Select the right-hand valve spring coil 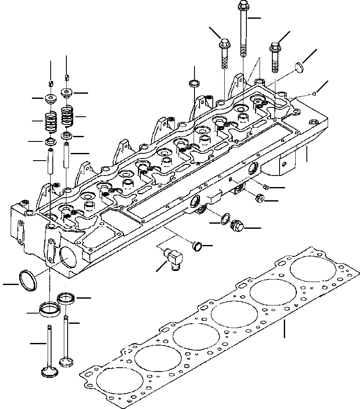tap(68, 115)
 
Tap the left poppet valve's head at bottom tap(48, 371)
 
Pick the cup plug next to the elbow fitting tap(196, 245)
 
